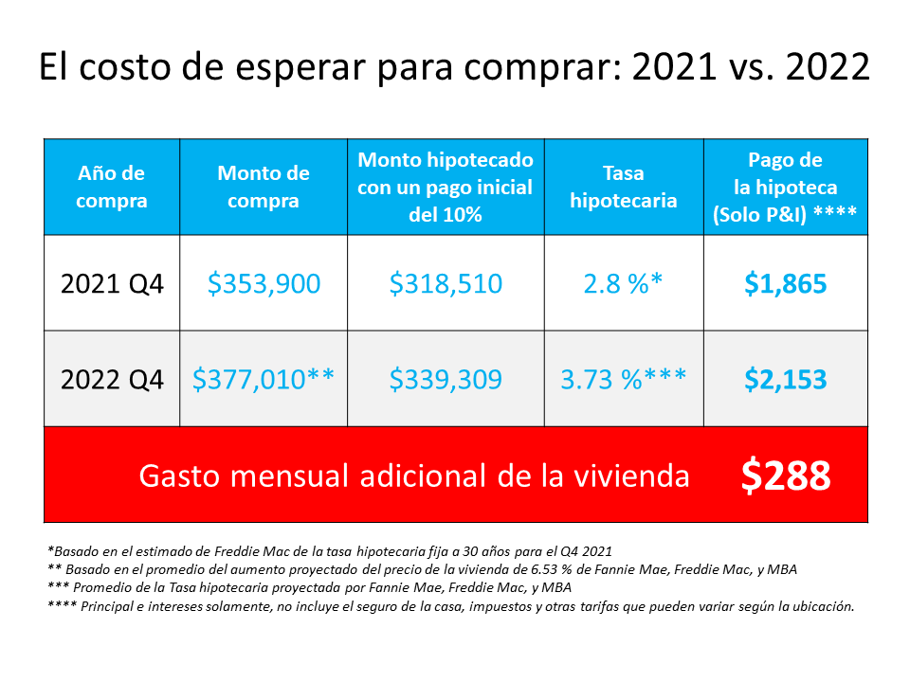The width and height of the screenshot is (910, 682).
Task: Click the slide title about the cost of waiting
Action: [x=454, y=68]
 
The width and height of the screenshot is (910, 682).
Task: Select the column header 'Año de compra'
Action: [x=112, y=187]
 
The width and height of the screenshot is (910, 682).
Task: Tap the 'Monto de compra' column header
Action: [x=264, y=187]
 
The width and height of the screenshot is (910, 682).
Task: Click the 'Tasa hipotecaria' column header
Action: [x=623, y=187]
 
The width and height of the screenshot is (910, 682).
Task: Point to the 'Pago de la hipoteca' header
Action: [x=785, y=187]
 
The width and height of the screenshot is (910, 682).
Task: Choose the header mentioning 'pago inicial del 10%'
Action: [x=446, y=187]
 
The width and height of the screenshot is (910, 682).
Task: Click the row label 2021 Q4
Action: [x=112, y=283]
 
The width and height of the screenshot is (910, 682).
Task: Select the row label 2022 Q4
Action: [x=112, y=380]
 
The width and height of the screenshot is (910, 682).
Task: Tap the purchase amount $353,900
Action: [x=264, y=283]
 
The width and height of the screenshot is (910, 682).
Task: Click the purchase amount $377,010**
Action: [x=264, y=380]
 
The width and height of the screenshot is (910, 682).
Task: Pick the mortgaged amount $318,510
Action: [x=446, y=283]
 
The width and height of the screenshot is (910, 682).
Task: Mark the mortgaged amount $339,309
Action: [x=446, y=380]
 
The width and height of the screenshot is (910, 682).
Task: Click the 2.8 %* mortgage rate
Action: [x=623, y=283]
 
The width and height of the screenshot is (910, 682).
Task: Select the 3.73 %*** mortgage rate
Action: [x=623, y=380]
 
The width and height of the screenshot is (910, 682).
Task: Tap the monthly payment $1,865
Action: [x=785, y=283]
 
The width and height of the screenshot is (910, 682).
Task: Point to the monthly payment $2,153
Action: [x=785, y=380]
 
